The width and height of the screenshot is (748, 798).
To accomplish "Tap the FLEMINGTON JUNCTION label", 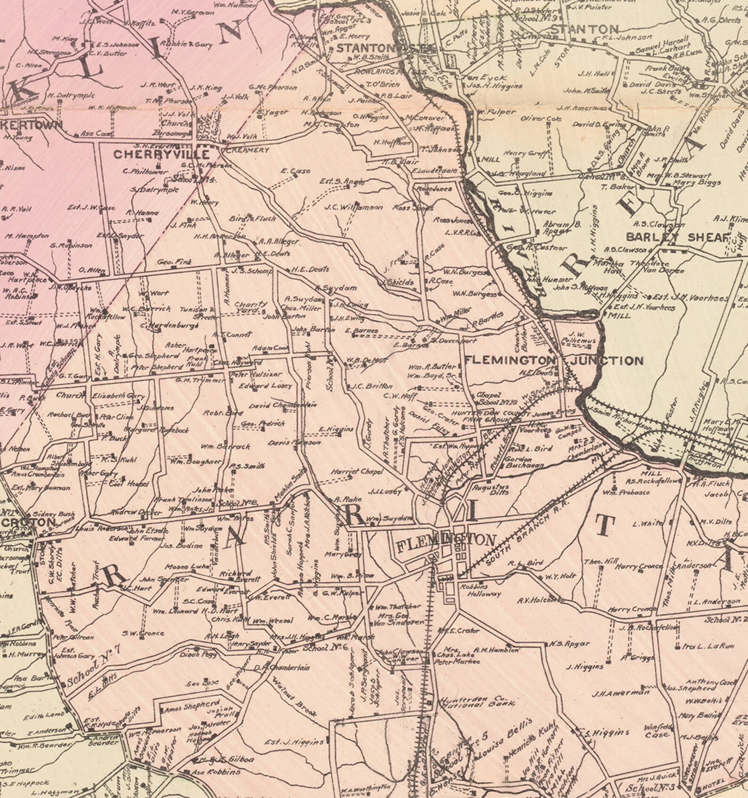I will tap(553, 361).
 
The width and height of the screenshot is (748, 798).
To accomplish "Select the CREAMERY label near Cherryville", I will tap(247, 150).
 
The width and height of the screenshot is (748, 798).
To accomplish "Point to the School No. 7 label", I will tap(94, 668).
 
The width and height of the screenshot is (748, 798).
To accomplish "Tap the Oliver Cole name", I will tap(541, 119).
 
